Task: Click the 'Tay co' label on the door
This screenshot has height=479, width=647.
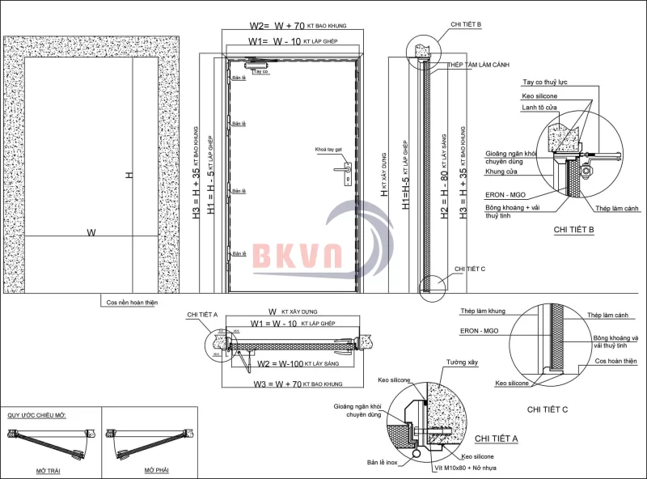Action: click(x=260, y=72)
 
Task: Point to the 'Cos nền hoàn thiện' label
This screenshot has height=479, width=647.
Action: click(x=132, y=303)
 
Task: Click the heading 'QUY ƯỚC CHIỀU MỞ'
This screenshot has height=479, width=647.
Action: click(x=37, y=414)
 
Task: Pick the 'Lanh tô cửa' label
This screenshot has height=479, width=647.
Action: click(x=539, y=109)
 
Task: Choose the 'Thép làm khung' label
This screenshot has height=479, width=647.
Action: click(x=482, y=312)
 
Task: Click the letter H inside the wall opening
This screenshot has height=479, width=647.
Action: click(x=129, y=176)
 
